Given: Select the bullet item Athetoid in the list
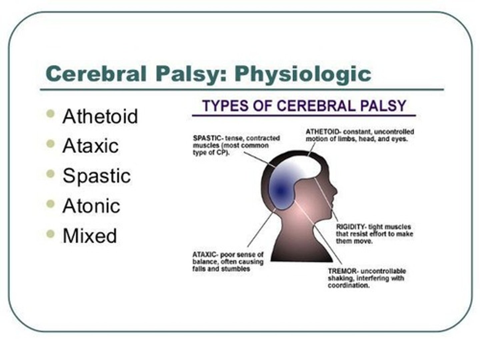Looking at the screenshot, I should click(x=100, y=116).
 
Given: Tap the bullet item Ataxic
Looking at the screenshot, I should click(x=90, y=146).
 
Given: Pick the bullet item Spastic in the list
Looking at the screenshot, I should click(x=96, y=176).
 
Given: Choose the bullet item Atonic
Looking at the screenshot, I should click(x=91, y=206).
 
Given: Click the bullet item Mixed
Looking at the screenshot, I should click(x=90, y=236).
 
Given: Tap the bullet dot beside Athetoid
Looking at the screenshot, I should click(x=50, y=114).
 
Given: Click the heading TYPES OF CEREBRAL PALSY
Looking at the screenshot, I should click(x=304, y=106).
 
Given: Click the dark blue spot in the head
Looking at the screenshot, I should click(x=280, y=191).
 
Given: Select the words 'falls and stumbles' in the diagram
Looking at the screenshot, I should click(x=221, y=269).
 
